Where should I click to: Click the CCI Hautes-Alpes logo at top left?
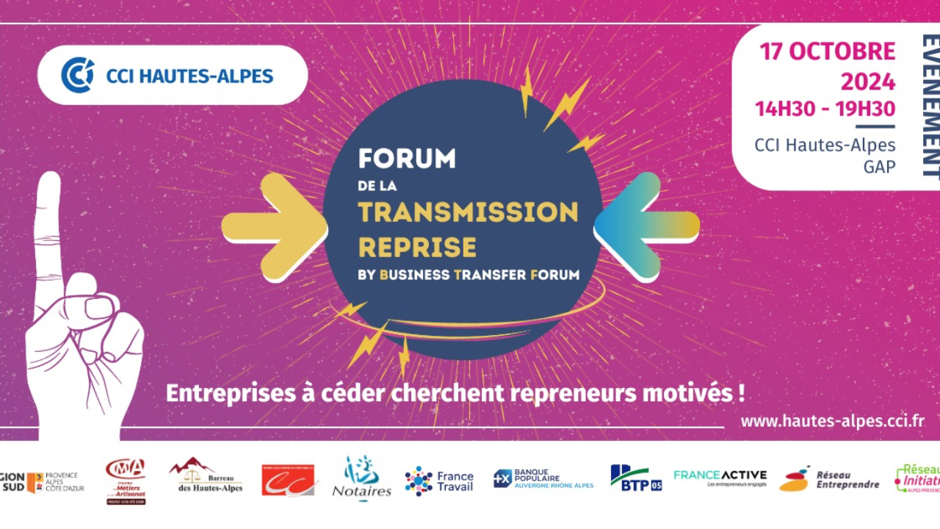tap(172, 75)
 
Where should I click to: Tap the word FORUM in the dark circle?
tap(407, 159)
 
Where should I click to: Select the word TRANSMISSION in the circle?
tap(468, 212)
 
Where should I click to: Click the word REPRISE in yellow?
tap(417, 247)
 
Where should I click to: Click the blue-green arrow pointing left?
tap(646, 226)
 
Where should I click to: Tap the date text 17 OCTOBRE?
tap(828, 51)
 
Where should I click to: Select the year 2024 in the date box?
tap(868, 81)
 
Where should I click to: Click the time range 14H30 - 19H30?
tap(825, 109)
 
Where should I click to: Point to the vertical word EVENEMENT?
tap(930, 107)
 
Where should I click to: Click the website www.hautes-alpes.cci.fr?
tap(832, 422)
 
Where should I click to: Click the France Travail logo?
tap(439, 481)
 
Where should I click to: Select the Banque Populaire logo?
tap(543, 479)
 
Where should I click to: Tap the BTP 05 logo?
tap(636, 478)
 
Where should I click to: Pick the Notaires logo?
tap(361, 479)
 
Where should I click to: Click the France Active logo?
tap(720, 478)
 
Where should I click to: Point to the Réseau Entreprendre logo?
tap(829, 479)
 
